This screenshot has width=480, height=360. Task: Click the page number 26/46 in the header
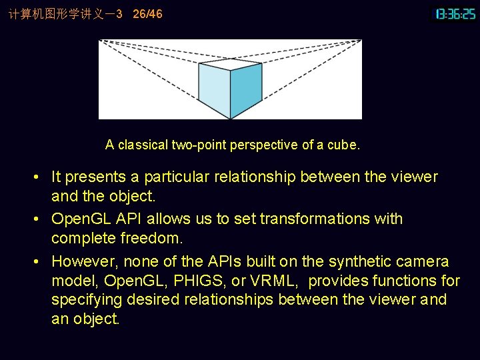147,14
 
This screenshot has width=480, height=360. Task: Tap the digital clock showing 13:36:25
456,14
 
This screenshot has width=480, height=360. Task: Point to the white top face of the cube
231,63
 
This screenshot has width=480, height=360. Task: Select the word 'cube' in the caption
345,145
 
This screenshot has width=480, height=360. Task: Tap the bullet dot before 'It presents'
41,177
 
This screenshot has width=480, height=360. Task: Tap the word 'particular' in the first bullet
177,177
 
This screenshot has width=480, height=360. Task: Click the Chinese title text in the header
60,14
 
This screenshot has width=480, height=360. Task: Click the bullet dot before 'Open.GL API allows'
41,219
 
